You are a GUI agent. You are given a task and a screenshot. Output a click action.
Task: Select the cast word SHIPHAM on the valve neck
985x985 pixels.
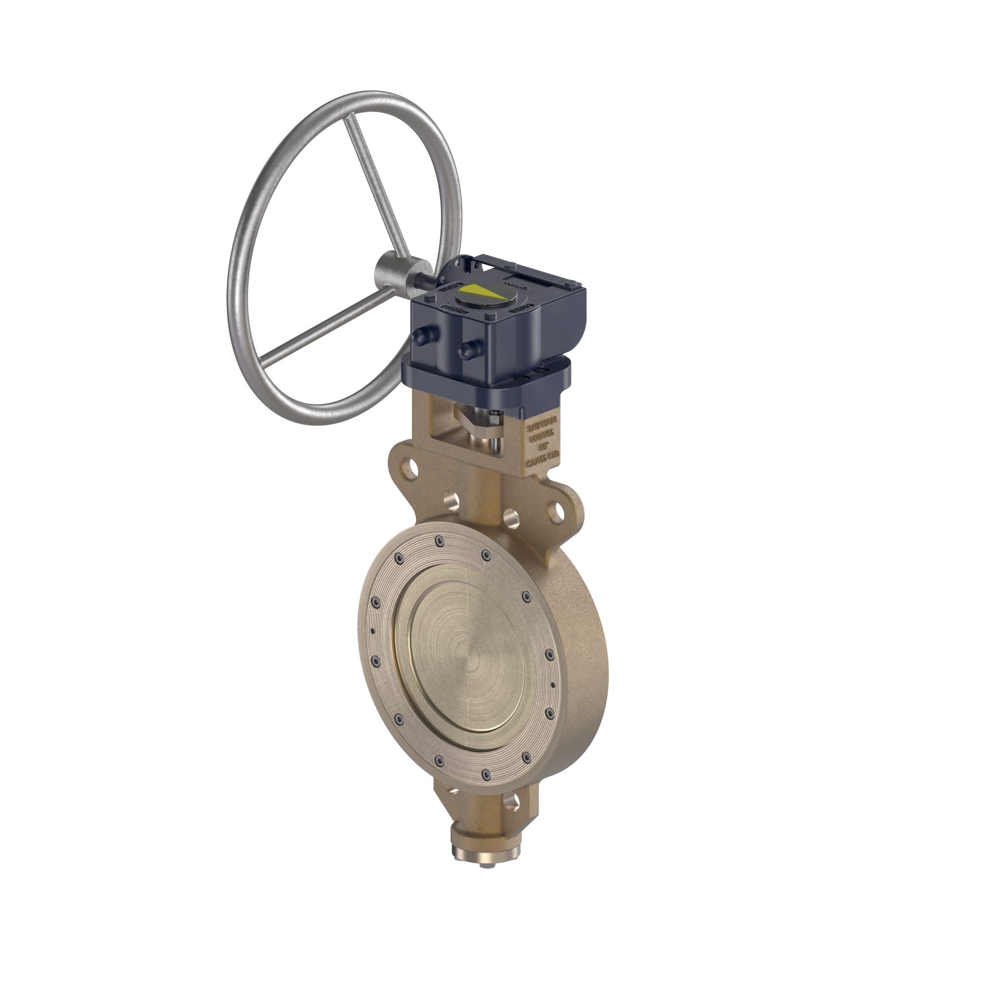click(543, 425)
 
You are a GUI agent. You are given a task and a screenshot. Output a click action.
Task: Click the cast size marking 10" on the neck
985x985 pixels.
click(544, 447)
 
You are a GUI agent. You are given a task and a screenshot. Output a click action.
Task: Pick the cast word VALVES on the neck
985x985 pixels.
click(543, 436)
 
